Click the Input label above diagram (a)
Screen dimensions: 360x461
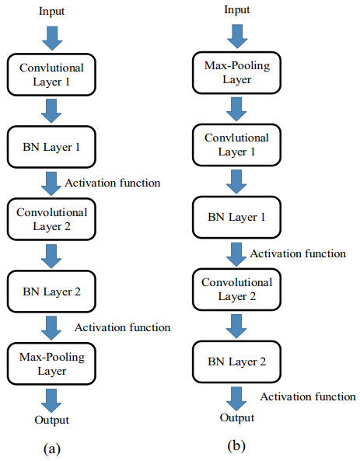tap(51, 12)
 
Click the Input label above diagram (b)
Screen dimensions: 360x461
tap(237, 9)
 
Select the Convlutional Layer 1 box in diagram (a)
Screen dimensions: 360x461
tap(51, 75)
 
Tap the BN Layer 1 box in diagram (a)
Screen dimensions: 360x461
tap(51, 147)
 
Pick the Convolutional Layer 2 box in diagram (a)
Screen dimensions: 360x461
tap(51, 219)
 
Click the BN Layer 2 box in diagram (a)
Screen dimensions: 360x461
tap(51, 292)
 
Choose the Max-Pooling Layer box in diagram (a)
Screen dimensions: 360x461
tap(51, 364)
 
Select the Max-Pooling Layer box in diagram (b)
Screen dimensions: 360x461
tap(237, 72)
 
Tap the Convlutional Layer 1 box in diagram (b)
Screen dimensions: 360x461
tap(237, 145)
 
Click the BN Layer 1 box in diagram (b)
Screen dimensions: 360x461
tap(237, 217)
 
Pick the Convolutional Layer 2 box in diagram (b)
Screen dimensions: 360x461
tap(237, 289)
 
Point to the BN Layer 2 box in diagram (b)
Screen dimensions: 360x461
tap(237, 361)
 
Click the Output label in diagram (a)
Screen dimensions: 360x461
tap(51, 420)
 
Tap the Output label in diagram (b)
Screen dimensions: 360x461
tap(237, 417)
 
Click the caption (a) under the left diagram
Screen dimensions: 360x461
tap(52, 449)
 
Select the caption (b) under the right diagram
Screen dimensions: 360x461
tap(236, 446)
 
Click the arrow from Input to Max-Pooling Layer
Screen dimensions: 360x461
tap(237, 37)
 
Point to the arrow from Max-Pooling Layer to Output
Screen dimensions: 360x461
tap(51, 400)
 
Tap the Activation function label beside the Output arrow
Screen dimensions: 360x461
tap(308, 396)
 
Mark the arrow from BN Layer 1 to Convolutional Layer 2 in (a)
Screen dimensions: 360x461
tap(51, 183)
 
